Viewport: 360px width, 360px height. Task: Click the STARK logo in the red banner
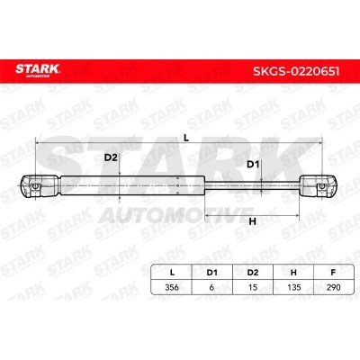coord(38,70)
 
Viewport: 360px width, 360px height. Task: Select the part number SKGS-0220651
coord(296,71)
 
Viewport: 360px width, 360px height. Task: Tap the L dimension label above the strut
coord(186,138)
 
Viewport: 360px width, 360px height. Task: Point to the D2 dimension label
coord(111,157)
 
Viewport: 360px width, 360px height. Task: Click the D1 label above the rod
coord(253,165)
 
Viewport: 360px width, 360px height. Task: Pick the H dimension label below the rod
coord(253,221)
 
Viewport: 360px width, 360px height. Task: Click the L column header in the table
coord(172,273)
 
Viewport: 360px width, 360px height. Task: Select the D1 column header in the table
coord(211,273)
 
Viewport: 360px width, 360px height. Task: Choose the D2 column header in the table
coord(253,273)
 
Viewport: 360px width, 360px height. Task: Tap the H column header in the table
coord(293,273)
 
